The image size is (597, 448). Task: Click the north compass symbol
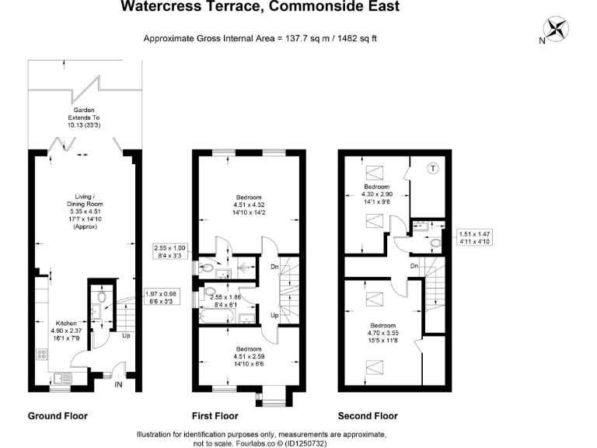(557, 30)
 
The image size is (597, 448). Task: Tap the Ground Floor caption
(58, 416)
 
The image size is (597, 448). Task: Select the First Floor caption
(215, 416)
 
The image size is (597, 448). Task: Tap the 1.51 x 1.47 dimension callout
(475, 238)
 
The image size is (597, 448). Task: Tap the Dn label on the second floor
(414, 266)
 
